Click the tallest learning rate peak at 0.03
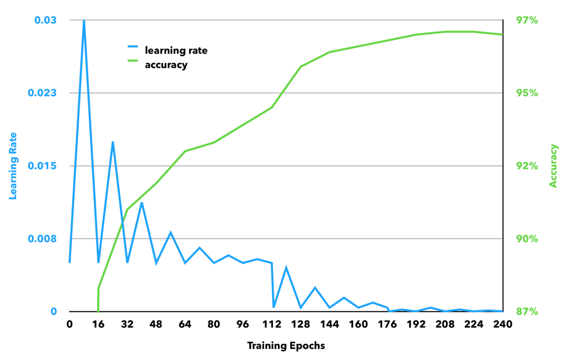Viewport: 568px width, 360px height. [84, 21]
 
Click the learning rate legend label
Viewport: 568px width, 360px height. [176, 50]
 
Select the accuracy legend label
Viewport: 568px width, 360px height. [166, 65]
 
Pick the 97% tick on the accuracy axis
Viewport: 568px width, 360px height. [527, 21]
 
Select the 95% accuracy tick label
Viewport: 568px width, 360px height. [527, 93]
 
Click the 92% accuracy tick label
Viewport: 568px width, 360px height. [527, 166]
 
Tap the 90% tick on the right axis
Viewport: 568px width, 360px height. [527, 239]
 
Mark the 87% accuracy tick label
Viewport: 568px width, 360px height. [527, 312]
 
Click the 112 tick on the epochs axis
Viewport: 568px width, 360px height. [271, 324]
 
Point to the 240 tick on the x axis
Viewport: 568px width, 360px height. [502, 324]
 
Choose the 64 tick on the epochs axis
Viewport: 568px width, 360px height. [185, 324]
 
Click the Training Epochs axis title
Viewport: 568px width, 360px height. [286, 346]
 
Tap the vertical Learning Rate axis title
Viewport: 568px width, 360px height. [13, 165]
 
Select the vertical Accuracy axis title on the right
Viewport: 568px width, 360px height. [553, 165]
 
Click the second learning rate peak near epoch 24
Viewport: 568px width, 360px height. [113, 142]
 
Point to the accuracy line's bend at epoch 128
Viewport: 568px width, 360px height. [301, 67]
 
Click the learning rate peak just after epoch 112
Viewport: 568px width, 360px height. [286, 267]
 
